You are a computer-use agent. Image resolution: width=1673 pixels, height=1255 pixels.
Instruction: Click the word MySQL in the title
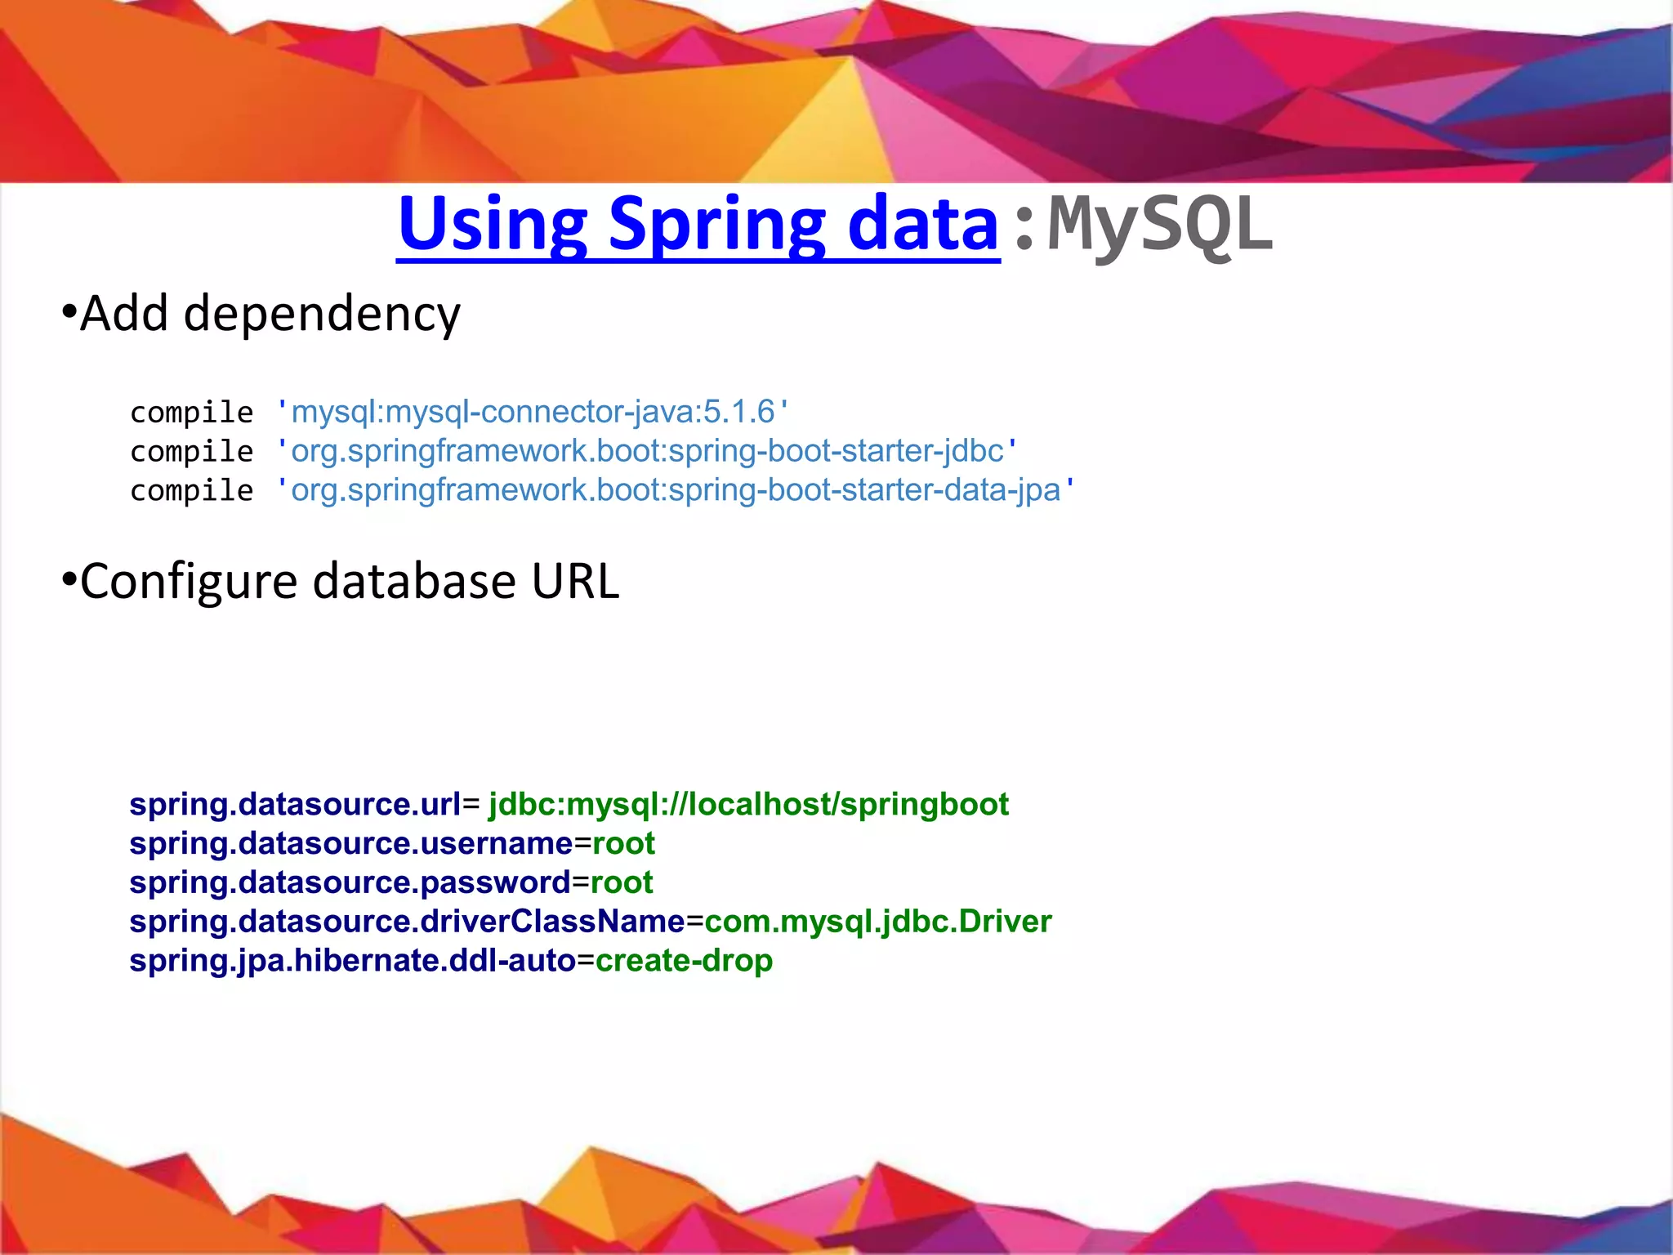(1160, 225)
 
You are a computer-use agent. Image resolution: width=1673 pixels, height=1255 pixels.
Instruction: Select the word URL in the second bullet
(575, 581)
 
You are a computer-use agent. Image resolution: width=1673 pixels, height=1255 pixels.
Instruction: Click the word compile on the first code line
(191, 413)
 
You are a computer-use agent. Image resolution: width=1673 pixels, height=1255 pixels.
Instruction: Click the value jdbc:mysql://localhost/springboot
(748, 804)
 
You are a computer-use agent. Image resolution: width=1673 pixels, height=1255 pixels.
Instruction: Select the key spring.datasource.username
(351, 843)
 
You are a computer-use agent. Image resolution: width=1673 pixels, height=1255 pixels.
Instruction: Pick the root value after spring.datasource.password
(622, 882)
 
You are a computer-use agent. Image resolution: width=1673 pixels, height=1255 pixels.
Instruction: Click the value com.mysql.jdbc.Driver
(877, 922)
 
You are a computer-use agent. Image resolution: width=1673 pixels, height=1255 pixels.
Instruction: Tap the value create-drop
(684, 961)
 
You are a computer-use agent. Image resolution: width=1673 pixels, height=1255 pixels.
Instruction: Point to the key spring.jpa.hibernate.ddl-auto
(352, 961)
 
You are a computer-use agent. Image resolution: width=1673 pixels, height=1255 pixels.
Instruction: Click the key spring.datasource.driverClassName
(407, 922)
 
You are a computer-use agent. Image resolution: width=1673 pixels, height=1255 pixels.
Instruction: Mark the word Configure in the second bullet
(189, 582)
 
